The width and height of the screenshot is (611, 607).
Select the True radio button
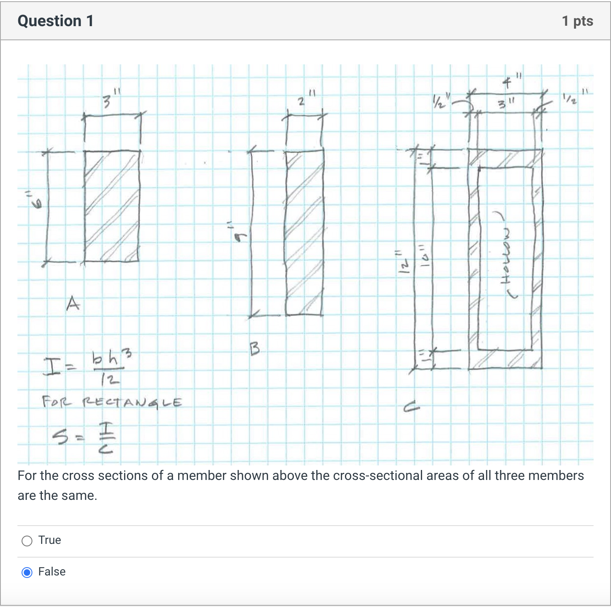point(27,541)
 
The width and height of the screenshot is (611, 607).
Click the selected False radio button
point(27,573)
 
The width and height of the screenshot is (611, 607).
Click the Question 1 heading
point(56,21)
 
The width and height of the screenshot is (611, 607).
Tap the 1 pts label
point(577,21)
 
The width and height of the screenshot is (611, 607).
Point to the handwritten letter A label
point(73,303)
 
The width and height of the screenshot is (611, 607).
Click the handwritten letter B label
point(255,348)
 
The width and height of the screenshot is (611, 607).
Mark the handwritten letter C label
point(411,408)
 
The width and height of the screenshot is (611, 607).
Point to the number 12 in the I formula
point(109,379)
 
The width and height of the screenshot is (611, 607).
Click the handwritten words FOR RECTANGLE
point(112,402)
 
